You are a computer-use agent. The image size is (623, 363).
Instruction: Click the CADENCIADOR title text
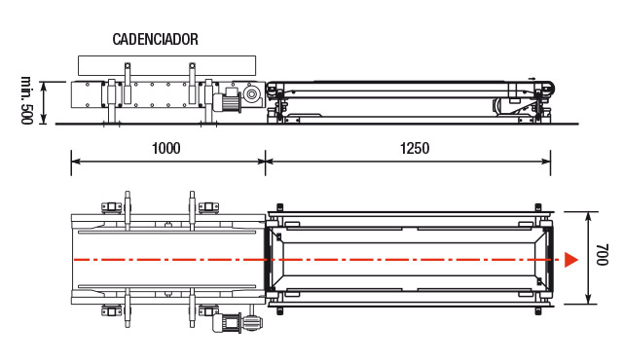tap(156, 39)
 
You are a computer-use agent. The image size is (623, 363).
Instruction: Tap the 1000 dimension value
tap(166, 148)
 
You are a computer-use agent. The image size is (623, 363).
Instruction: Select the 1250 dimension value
tap(415, 148)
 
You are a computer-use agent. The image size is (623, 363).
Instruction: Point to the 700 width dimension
tap(603, 255)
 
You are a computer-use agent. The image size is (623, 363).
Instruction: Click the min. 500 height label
tap(26, 100)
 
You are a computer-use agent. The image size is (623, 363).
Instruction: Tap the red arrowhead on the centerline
tap(571, 260)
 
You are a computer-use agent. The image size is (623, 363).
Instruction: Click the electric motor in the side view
tap(227, 101)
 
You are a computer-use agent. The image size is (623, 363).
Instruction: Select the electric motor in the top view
tap(227, 322)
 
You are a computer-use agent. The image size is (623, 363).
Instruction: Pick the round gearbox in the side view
tap(251, 94)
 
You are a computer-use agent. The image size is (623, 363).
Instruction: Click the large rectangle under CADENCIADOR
tap(166, 65)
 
